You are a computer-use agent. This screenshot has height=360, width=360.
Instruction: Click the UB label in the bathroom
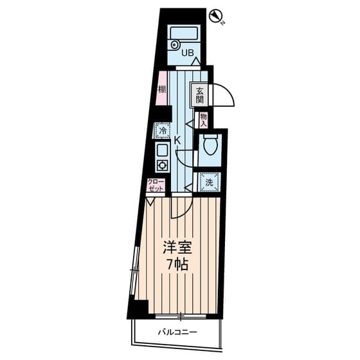point(188,53)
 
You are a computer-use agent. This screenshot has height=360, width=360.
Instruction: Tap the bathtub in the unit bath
point(184,33)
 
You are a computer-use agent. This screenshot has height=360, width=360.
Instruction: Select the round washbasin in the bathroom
point(175,44)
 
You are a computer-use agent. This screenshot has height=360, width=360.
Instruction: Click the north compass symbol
point(215,16)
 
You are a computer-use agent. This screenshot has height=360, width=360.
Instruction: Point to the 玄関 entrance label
point(199,95)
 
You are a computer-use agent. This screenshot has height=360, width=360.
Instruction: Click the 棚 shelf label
point(161,89)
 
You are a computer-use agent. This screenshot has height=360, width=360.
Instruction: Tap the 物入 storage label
point(203,120)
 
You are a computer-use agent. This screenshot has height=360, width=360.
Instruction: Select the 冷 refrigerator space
point(163,131)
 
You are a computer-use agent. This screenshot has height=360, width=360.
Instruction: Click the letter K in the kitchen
point(177,140)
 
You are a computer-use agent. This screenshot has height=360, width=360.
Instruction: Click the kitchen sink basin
point(162,150)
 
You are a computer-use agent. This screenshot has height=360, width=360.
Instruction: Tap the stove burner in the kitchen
point(162,165)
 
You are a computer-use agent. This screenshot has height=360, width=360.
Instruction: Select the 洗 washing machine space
point(209,182)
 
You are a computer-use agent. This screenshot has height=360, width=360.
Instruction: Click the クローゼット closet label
point(156,185)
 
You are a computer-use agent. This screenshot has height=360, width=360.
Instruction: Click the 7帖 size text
point(177,264)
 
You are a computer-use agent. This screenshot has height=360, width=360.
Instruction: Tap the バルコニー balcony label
point(177,332)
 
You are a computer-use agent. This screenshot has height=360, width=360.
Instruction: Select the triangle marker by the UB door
point(196,62)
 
